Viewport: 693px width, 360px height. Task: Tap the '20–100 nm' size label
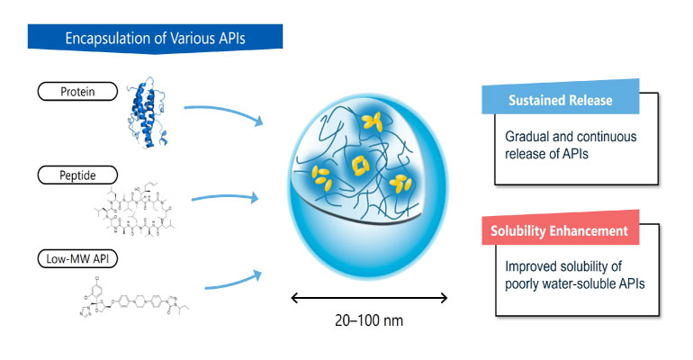point(371,321)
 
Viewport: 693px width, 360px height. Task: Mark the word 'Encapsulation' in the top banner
point(102,39)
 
